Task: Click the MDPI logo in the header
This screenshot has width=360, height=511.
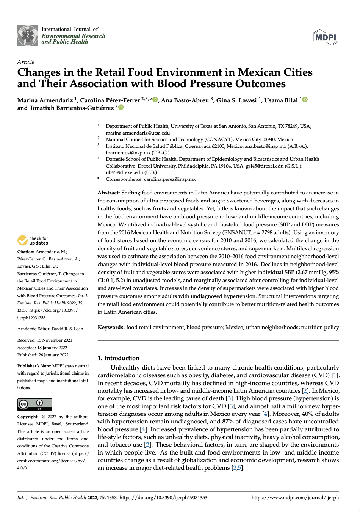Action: (326, 37)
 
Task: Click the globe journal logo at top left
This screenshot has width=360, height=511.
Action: (28, 36)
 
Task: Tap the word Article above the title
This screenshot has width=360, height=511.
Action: (25, 62)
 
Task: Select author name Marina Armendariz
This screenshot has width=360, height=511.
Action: (45, 100)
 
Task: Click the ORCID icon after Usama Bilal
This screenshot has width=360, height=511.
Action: (305, 99)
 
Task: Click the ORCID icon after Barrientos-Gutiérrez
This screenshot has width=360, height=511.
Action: (121, 107)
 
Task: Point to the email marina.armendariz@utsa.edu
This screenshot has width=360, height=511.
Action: (138, 133)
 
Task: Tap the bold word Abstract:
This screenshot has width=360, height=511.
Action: (108, 193)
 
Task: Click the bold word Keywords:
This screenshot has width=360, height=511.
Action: (111, 327)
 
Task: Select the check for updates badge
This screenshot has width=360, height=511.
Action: (33, 241)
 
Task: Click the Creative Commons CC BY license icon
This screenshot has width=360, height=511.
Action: (34, 404)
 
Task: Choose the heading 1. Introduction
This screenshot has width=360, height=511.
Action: (118, 358)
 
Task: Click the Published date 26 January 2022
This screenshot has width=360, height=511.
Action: (53, 355)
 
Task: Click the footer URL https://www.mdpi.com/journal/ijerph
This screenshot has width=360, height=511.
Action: (295, 498)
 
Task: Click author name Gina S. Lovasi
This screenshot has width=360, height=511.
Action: (236, 100)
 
